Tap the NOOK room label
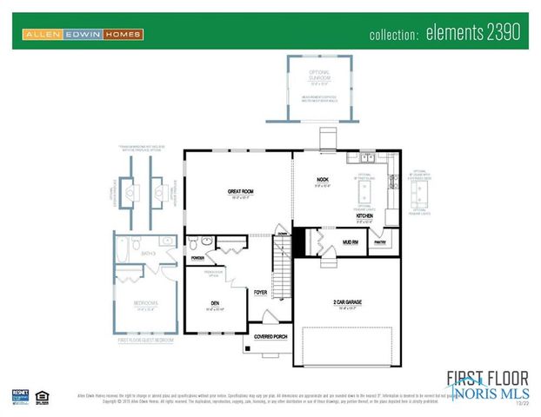[323, 180]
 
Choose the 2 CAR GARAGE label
[348, 302]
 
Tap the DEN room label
[214, 302]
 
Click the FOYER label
[260, 293]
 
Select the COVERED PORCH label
[270, 335]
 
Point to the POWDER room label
[197, 258]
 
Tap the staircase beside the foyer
[280, 269]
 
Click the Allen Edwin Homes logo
[83, 35]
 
